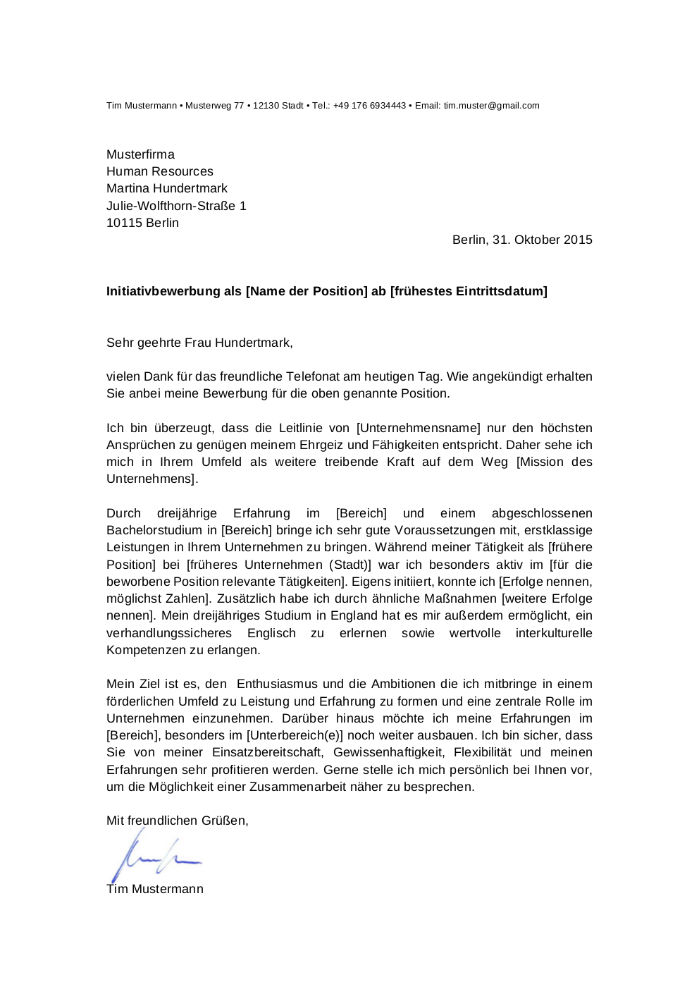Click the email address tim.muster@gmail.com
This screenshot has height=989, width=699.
pos(491,106)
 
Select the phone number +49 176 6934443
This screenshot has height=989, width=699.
pos(369,106)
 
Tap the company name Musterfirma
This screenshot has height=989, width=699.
pos(140,154)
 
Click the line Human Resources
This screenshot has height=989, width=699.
pos(159,171)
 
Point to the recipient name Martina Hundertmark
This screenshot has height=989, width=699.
pos(167,188)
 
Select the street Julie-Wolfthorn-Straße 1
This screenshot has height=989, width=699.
pos(176,206)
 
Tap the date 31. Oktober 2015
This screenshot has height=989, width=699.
pos(543,240)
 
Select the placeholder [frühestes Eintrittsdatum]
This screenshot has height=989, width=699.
pos(469,291)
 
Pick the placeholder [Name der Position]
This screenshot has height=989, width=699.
pos(307,291)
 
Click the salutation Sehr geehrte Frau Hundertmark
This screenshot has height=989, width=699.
pos(199,343)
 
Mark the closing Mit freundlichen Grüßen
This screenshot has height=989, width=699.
pos(176,821)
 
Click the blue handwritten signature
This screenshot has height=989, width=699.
pos(155,856)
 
